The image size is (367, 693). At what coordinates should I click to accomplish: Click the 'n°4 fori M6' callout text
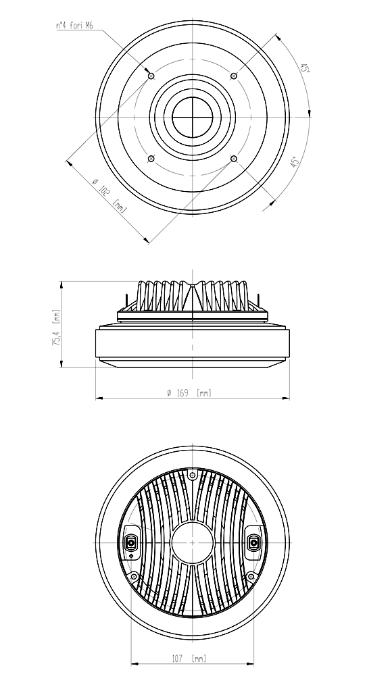tap(75, 26)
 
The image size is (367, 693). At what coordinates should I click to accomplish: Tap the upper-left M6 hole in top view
tap(151, 76)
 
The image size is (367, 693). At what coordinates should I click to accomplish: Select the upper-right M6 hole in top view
tap(234, 76)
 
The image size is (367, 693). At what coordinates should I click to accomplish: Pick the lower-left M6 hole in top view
tap(151, 159)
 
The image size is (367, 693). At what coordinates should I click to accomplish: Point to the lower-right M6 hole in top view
tap(234, 159)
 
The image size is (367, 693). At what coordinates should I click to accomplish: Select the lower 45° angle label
tap(295, 161)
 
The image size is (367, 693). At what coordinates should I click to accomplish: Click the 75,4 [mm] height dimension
tap(57, 327)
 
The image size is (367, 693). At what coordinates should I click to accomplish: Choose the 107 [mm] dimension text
tap(189, 659)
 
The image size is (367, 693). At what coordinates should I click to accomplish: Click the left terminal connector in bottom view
tap(132, 542)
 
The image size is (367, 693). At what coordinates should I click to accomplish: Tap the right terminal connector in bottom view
tap(253, 542)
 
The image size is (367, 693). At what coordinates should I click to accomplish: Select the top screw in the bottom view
tap(193, 476)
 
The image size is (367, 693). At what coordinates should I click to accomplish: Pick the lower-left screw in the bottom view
tap(134, 576)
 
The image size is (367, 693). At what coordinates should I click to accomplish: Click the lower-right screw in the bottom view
tap(251, 576)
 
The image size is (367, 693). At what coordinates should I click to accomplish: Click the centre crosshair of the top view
tap(193, 117)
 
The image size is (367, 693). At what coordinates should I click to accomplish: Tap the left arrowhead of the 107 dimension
tap(134, 664)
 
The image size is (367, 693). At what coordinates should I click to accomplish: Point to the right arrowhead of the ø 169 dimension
tap(286, 399)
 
